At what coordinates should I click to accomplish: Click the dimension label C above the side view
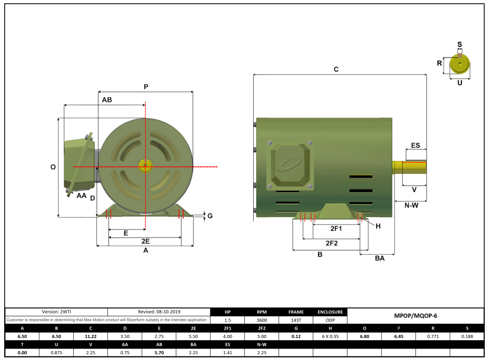[336, 69]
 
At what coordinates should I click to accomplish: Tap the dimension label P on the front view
[146, 87]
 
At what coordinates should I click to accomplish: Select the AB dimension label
[107, 99]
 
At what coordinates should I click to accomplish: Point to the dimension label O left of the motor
[53, 167]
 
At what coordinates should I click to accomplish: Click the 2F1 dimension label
[336, 229]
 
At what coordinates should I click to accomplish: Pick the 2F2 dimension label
[332, 243]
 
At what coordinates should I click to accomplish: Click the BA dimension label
[380, 258]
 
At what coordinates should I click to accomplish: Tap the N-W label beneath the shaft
[411, 206]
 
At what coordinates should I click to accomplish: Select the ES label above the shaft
[415, 145]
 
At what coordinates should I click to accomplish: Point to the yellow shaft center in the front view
[145, 167]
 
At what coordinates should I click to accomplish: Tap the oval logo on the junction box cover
[288, 164]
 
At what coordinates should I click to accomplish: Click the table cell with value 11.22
[90, 336]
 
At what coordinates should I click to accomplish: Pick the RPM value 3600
[262, 320]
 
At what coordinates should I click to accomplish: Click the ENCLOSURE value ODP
[330, 320]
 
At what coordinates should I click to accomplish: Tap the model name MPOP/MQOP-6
[415, 316]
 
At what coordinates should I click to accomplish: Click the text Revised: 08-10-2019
[160, 312]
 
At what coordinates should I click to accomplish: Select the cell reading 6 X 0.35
[330, 336]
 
